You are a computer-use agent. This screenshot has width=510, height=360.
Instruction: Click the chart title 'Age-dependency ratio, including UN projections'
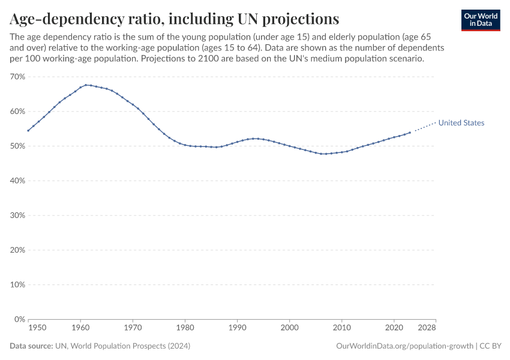(x=175, y=18)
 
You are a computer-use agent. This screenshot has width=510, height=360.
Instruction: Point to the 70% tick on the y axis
(x=17, y=77)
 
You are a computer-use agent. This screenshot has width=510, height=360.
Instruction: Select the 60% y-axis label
(x=17, y=112)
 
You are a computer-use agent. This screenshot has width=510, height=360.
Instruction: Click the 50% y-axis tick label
(x=17, y=146)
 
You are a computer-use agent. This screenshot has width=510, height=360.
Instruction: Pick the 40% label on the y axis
(x=17, y=181)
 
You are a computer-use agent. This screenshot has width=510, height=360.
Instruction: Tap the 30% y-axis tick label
(x=17, y=215)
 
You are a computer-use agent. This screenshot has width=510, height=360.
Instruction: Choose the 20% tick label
(x=17, y=250)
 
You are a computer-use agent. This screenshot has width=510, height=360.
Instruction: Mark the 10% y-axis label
(x=17, y=285)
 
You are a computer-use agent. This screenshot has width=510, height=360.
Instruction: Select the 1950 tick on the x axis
(x=37, y=328)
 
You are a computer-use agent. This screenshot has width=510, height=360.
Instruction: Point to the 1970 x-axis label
(x=133, y=328)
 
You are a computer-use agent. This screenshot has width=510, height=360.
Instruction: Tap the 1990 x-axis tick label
(x=238, y=328)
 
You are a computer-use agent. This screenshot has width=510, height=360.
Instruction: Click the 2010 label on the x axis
(x=342, y=328)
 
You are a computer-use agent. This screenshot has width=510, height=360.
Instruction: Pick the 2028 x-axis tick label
(x=427, y=328)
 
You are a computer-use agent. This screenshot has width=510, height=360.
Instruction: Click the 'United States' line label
(x=461, y=123)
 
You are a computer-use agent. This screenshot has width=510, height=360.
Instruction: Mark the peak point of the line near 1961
(x=86, y=85)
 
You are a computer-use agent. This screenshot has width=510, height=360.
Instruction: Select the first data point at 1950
(x=28, y=130)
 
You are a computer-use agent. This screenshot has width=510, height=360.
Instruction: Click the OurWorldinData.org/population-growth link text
(x=405, y=346)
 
